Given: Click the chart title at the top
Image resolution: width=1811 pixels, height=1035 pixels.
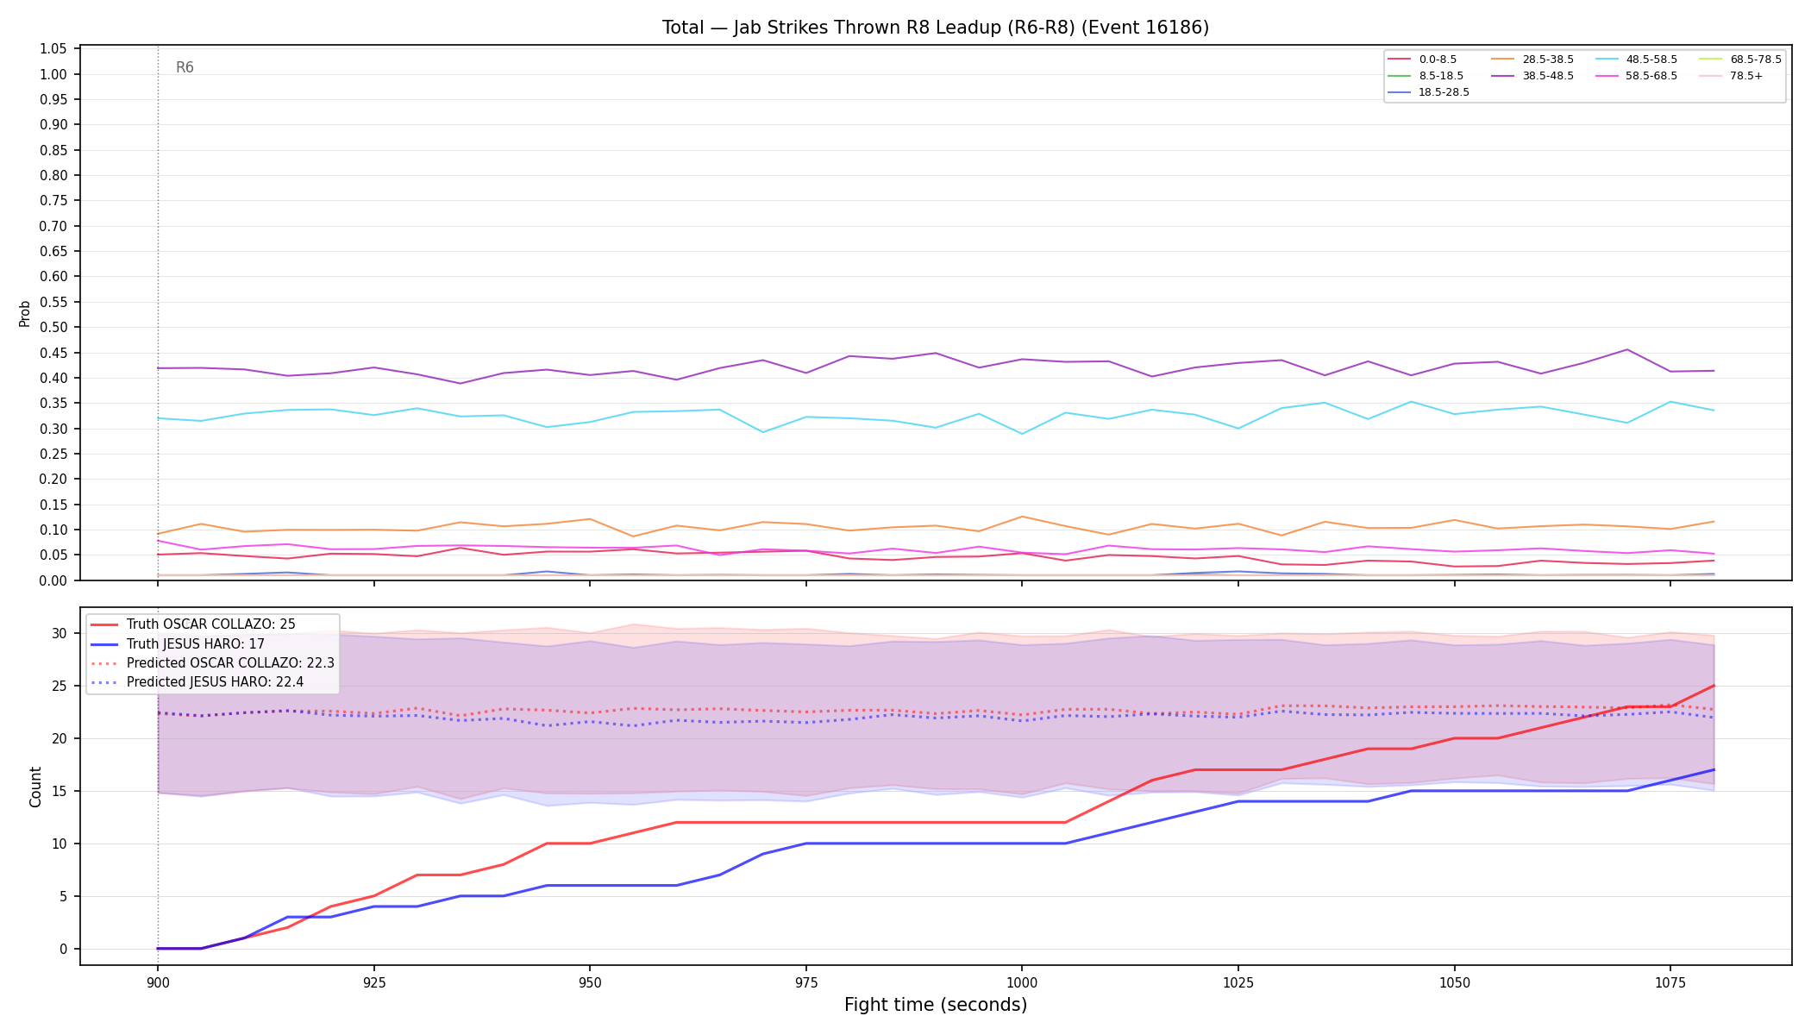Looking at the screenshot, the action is (936, 28).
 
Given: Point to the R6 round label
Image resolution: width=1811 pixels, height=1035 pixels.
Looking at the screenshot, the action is (185, 67).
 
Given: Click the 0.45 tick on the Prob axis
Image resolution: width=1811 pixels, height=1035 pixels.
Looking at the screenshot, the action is (53, 353).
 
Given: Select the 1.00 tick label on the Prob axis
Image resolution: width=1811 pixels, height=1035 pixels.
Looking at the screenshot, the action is (53, 74).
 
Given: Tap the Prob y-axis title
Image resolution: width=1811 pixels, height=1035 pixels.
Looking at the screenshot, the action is (25, 313).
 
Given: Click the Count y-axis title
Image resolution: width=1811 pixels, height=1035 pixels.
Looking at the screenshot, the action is (35, 787).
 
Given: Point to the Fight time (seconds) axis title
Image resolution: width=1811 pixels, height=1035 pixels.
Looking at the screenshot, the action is (936, 1005).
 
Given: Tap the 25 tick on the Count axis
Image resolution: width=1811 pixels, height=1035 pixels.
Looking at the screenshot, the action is (60, 687).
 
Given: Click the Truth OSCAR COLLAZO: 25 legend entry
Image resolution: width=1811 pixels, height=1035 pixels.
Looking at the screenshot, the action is (211, 624).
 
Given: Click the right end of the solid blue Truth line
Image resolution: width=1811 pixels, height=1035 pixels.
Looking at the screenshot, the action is (1714, 769).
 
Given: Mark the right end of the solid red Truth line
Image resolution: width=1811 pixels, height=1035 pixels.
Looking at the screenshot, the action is (1714, 686).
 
